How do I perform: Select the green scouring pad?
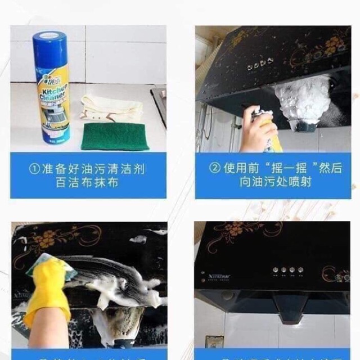[x=114, y=137]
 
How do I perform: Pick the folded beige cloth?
[x=110, y=109]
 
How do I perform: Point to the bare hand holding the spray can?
[x=256, y=133]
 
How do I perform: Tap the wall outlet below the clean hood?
[x=214, y=341]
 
